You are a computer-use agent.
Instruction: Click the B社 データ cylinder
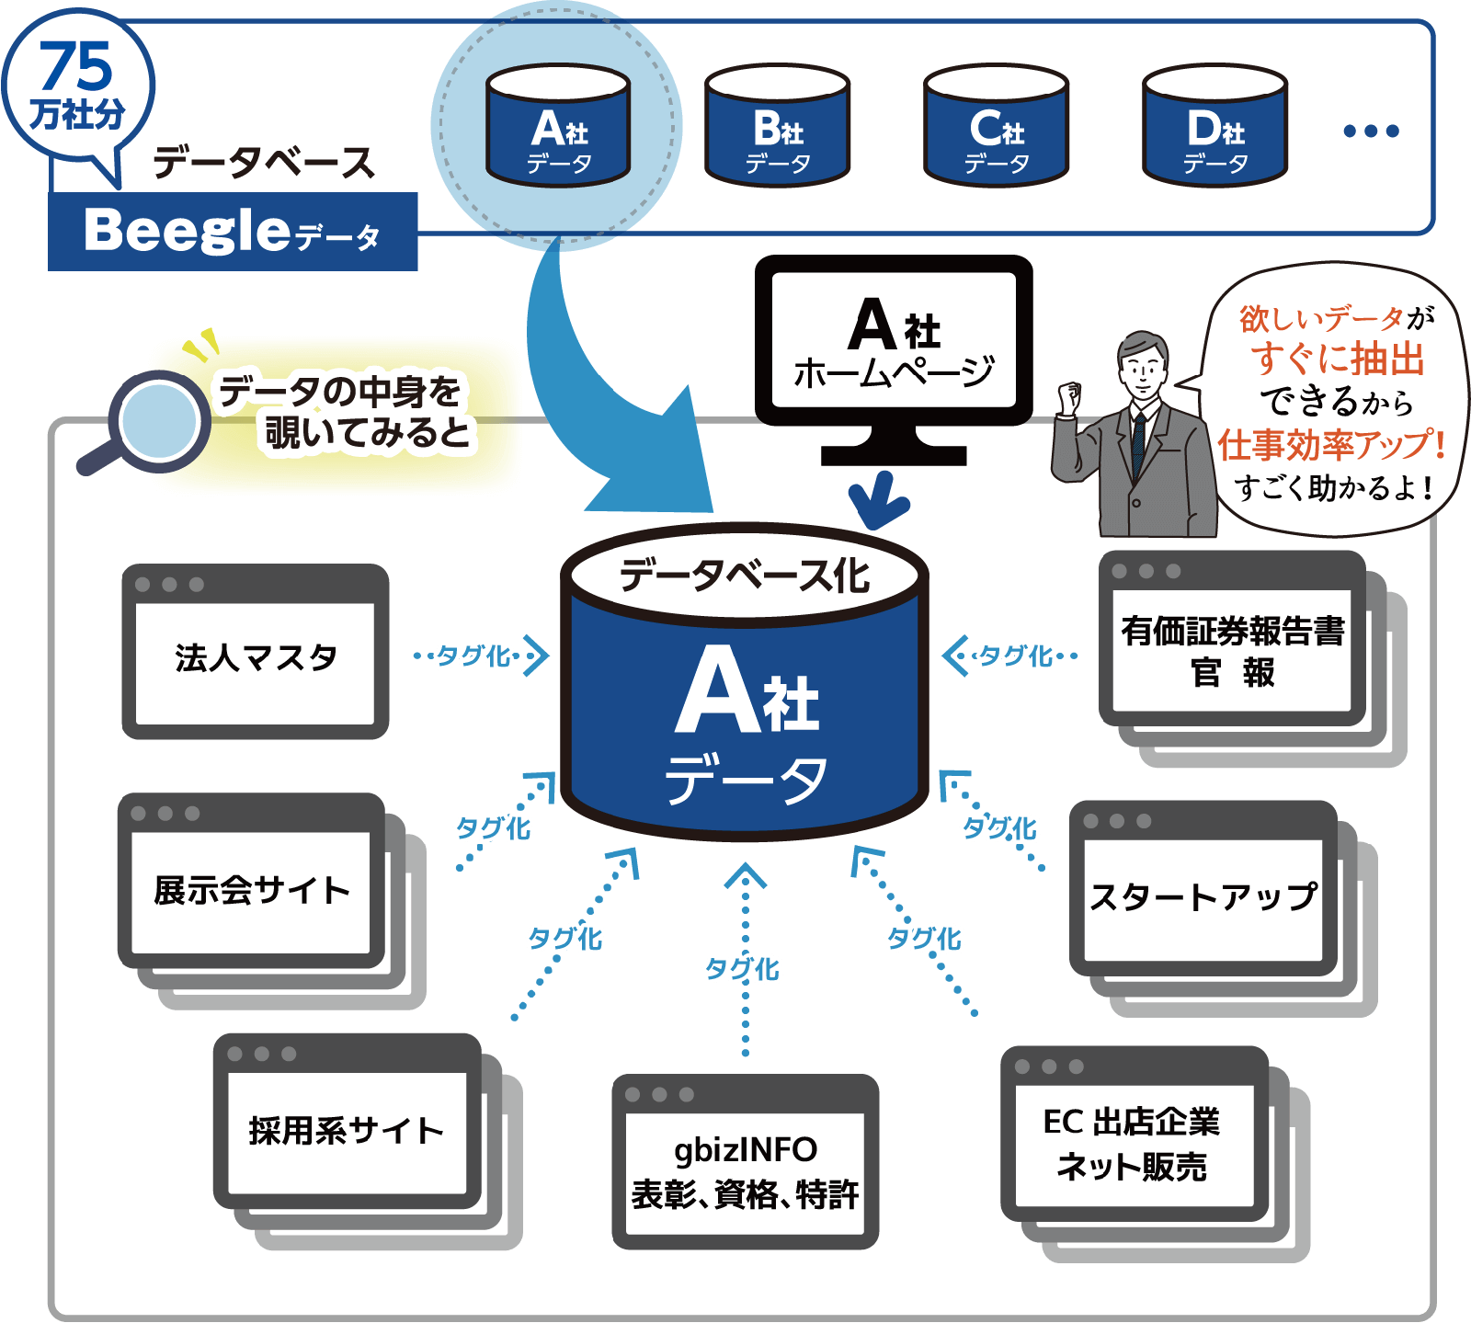pyautogui.click(x=777, y=126)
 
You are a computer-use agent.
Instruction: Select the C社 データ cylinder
pyautogui.click(x=996, y=126)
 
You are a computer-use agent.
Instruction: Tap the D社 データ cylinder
pyautogui.click(x=1214, y=126)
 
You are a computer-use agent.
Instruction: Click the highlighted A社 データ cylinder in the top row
pyautogui.click(x=558, y=126)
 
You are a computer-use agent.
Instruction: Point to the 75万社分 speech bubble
pyautogui.click(x=78, y=87)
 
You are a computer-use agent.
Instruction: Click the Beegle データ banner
pyautogui.click(x=233, y=231)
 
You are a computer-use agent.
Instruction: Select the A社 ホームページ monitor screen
pyautogui.click(x=894, y=340)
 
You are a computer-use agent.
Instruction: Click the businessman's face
pyautogui.click(x=1143, y=367)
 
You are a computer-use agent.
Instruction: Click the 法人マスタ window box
pyautogui.click(x=256, y=656)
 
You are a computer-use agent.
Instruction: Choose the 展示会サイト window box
pyautogui.click(x=251, y=889)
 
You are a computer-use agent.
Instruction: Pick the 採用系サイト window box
pyautogui.click(x=347, y=1130)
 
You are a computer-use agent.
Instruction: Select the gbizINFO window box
pyautogui.click(x=745, y=1170)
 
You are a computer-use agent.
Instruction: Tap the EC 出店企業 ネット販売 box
pyautogui.click(x=1134, y=1144)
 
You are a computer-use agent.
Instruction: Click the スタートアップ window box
pyautogui.click(x=1203, y=896)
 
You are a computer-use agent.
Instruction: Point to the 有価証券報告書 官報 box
pyautogui.click(x=1232, y=650)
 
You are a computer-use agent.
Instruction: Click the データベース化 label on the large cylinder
pyautogui.click(x=745, y=576)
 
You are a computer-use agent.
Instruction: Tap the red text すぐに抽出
pyautogui.click(x=1337, y=359)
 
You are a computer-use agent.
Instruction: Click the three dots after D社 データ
pyautogui.click(x=1370, y=131)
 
